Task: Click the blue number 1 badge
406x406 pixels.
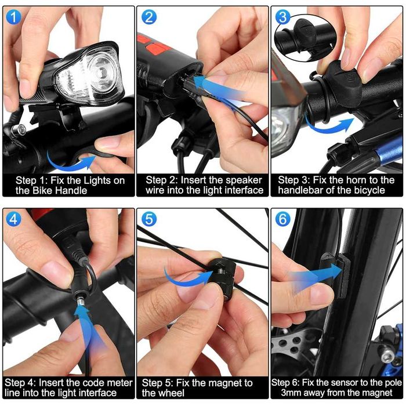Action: pyautogui.click(x=13, y=17)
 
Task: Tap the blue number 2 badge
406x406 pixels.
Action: pyautogui.click(x=149, y=17)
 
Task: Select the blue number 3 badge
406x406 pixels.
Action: pyautogui.click(x=283, y=17)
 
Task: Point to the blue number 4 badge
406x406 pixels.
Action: pyautogui.click(x=13, y=219)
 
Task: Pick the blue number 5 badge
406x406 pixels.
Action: pyautogui.click(x=149, y=219)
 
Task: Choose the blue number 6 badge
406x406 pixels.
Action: pyautogui.click(x=283, y=219)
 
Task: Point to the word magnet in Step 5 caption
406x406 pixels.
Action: pyautogui.click(x=223, y=383)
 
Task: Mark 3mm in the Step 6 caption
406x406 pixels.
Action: pyautogui.click(x=291, y=393)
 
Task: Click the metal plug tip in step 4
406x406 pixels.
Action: pyautogui.click(x=80, y=302)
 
